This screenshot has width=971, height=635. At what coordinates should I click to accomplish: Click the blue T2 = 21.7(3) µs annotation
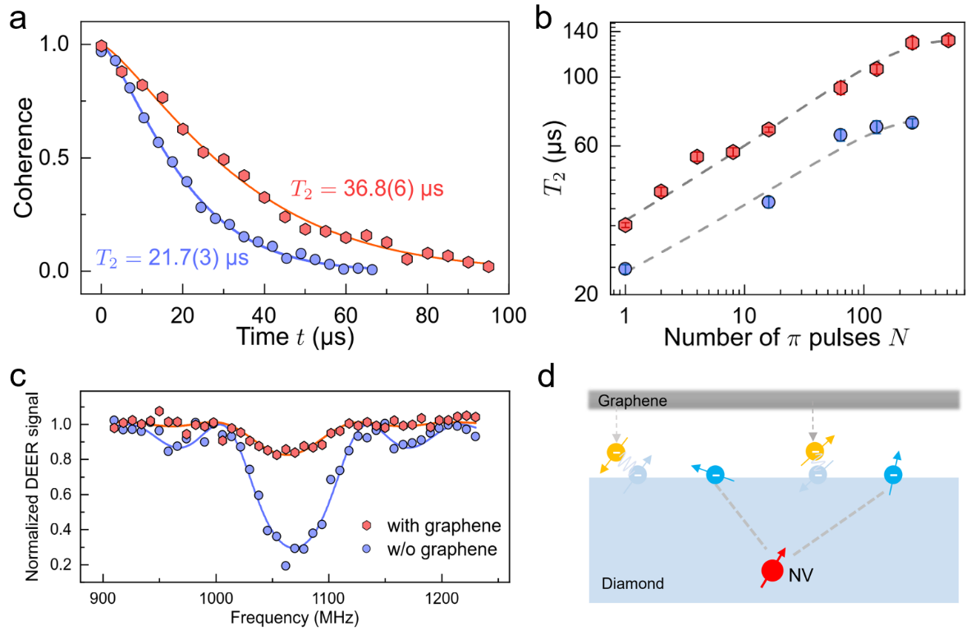172,259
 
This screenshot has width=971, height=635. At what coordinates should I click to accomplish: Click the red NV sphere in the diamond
772,570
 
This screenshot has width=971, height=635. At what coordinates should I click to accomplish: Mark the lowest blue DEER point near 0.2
285,565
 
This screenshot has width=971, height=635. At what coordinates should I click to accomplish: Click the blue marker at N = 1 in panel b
625,269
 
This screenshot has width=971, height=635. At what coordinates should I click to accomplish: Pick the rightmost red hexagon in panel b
948,39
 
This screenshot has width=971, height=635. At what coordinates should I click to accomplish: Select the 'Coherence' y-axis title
25,158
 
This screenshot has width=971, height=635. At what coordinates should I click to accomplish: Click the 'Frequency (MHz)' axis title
271,614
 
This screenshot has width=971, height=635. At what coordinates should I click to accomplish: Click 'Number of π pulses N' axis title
783,336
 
